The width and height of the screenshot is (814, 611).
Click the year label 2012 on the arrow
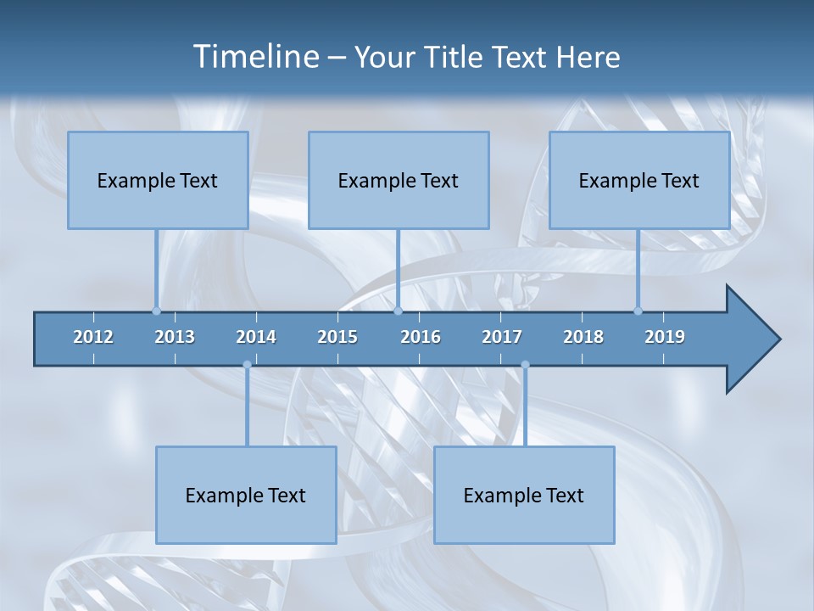point(93,337)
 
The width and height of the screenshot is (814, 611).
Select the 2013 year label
point(175,337)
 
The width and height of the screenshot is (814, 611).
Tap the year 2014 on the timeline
point(256,337)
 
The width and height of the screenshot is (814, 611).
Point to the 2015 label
point(337,337)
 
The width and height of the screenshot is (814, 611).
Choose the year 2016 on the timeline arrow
point(421,337)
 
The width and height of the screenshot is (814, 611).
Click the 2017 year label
point(502,337)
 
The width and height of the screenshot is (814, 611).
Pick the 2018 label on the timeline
point(583,337)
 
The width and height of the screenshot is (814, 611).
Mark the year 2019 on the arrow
point(665,337)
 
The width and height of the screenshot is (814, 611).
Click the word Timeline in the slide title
point(254,57)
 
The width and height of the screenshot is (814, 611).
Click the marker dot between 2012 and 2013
point(156,311)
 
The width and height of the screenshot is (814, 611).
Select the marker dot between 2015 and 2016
point(398,311)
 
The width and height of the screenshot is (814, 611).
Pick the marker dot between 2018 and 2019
point(638,311)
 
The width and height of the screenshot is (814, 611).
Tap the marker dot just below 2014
point(247,365)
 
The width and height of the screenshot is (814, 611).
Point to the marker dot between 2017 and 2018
point(525,365)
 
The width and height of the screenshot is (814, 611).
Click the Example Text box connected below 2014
point(246,495)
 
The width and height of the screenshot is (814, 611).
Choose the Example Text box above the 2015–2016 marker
point(399,180)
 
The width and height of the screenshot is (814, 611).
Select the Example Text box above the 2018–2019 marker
point(639,180)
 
